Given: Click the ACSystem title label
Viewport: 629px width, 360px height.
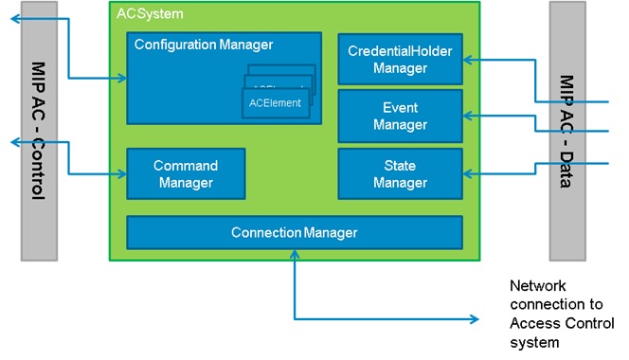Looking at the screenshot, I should (x=149, y=14).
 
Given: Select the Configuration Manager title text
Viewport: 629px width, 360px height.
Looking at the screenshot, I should (x=203, y=45).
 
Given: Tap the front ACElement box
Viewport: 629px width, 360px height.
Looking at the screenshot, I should (x=276, y=102).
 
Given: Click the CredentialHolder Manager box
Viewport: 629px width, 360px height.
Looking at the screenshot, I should (x=400, y=59).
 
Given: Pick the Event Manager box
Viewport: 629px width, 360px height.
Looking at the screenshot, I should (x=400, y=117).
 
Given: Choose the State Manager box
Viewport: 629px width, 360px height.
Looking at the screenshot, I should (x=400, y=174).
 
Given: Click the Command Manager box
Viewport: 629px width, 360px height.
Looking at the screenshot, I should (x=186, y=174).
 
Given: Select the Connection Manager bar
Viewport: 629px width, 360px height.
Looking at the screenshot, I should (x=295, y=233).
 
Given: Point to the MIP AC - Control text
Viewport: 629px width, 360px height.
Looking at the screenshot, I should (x=38, y=132).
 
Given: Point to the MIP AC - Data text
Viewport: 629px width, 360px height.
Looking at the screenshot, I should (x=566, y=132).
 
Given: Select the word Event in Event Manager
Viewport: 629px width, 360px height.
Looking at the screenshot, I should (x=400, y=108).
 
